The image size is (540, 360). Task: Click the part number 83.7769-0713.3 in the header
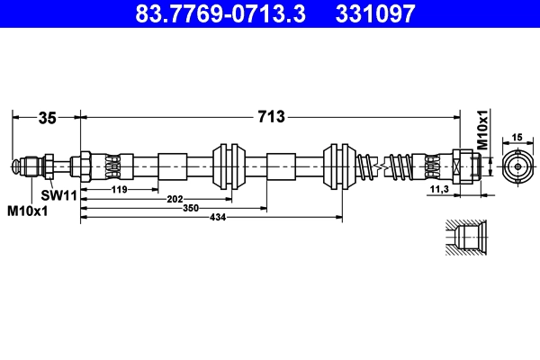pos(220,13)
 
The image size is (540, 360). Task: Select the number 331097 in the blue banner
pos(375,13)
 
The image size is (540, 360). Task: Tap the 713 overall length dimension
pos(272,117)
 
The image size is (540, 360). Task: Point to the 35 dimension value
pos(47,118)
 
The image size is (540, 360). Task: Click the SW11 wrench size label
pos(58,195)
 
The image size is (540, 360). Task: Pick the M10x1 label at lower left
pos(28,211)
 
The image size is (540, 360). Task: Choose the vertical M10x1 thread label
pos(482,130)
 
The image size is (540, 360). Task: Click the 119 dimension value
pos(119,190)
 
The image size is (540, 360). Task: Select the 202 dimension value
pos(175,199)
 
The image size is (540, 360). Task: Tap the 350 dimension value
pos(191,208)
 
